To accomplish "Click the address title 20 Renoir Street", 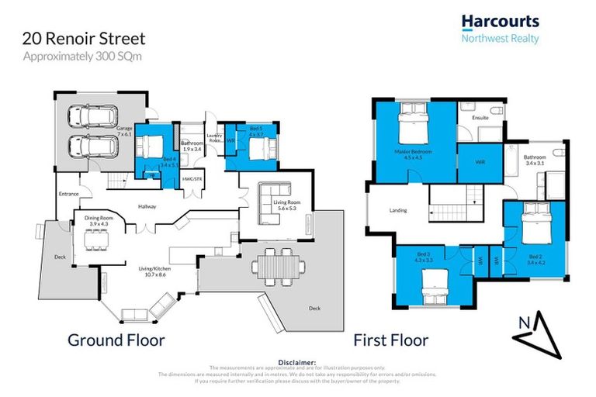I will click(x=84, y=38).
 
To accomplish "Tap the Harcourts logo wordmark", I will click(x=500, y=22).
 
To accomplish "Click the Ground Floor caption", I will click(x=116, y=340).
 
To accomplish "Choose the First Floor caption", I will click(x=391, y=340).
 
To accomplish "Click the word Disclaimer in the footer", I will click(x=297, y=362).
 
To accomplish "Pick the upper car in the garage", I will click(x=92, y=117).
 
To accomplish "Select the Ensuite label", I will click(x=481, y=118).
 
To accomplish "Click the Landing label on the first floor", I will click(x=398, y=210).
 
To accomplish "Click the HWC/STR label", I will click(x=192, y=179).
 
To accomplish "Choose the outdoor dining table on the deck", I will click(x=277, y=267).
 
